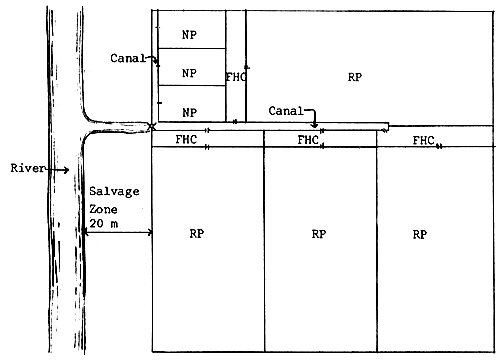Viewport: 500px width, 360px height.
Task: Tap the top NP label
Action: click(188, 35)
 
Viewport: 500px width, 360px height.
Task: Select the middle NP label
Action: click(188, 73)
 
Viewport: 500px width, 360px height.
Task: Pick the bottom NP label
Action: click(188, 110)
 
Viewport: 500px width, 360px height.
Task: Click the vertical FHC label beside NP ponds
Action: click(235, 76)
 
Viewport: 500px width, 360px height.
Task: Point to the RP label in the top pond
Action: click(355, 76)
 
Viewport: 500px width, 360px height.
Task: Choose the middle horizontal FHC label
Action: click(309, 141)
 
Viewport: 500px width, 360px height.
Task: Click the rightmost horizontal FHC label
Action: click(423, 141)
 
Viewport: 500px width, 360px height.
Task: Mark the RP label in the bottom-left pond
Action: click(197, 234)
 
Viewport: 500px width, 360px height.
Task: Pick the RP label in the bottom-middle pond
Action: click(318, 234)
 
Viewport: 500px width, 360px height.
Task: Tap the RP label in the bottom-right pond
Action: click(420, 234)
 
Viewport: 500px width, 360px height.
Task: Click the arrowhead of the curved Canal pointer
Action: click(317, 126)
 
